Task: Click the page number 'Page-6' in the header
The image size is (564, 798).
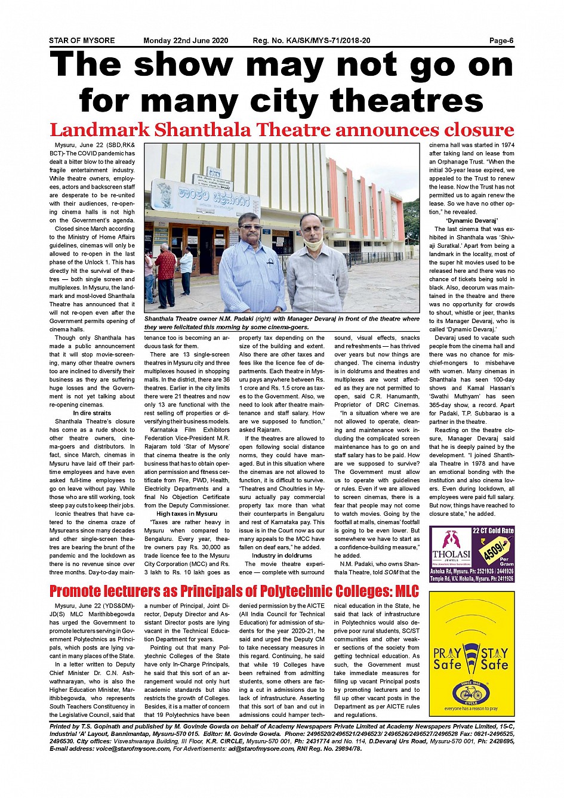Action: (x=501, y=41)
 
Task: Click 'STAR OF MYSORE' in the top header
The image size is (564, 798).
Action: (x=82, y=41)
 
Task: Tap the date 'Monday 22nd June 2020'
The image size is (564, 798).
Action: (x=186, y=41)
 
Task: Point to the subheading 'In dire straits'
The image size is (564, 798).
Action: (x=92, y=413)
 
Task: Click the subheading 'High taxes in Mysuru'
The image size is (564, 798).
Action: (x=187, y=513)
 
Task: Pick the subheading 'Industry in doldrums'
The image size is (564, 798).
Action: (x=282, y=555)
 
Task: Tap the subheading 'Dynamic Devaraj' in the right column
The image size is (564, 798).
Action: (x=471, y=220)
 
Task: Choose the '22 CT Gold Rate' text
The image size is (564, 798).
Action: (x=492, y=531)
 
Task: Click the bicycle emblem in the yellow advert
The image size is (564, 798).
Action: (x=471, y=693)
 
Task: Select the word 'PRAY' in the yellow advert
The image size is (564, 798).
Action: (x=448, y=653)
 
